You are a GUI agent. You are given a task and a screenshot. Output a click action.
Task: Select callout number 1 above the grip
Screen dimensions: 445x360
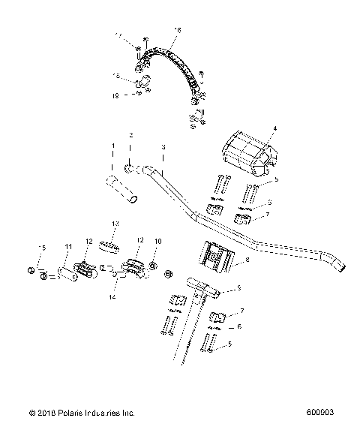(x=113, y=146)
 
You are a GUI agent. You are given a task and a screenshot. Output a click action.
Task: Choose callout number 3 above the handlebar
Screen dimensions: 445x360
(x=142, y=146)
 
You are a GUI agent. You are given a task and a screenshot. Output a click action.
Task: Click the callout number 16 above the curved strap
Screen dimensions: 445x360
(x=177, y=30)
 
